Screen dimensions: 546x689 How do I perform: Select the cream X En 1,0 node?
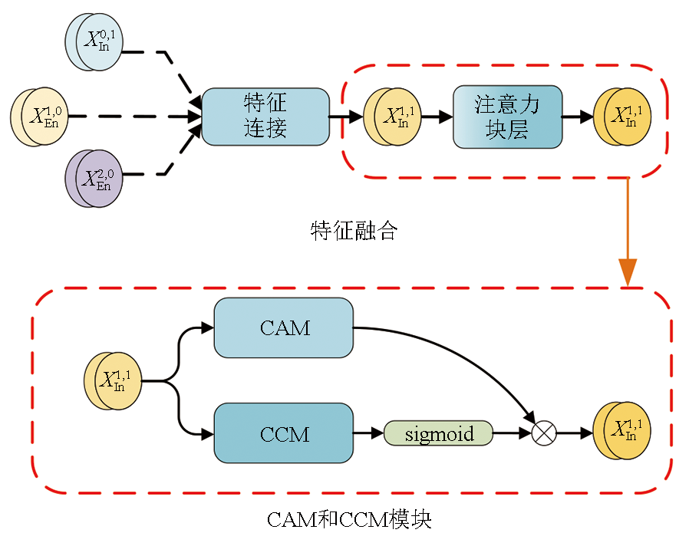click(40, 117)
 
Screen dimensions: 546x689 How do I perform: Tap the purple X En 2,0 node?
click(94, 178)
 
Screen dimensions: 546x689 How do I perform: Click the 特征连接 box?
click(265, 116)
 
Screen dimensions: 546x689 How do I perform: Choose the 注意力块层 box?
click(507, 117)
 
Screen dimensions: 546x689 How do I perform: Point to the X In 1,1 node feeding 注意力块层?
click(393, 117)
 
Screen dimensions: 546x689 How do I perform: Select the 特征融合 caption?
click(354, 231)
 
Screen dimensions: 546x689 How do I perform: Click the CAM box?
click(284, 328)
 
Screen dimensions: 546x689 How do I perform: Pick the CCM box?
click(284, 433)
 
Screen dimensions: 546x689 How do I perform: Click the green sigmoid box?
click(438, 433)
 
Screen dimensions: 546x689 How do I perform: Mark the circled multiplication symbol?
click(543, 433)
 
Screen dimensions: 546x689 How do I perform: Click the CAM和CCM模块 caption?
click(349, 520)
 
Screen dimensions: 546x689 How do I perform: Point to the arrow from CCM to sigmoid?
click(368, 433)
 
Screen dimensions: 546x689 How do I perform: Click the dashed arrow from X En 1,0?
click(130, 117)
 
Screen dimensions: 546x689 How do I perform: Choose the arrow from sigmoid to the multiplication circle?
click(512, 433)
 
